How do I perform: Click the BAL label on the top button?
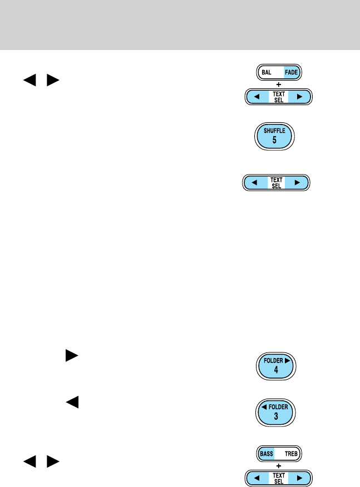click(x=267, y=73)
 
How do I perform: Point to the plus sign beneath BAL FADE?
click(x=279, y=85)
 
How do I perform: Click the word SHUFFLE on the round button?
click(x=274, y=131)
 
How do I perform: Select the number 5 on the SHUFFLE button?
click(x=274, y=141)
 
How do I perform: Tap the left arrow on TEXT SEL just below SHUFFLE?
click(x=254, y=182)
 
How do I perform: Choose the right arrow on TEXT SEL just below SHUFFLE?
click(x=297, y=182)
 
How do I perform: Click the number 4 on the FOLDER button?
click(x=274, y=371)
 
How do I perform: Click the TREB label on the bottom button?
click(x=291, y=454)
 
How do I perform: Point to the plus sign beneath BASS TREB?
click(x=279, y=465)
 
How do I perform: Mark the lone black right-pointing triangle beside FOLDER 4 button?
click(x=71, y=356)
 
